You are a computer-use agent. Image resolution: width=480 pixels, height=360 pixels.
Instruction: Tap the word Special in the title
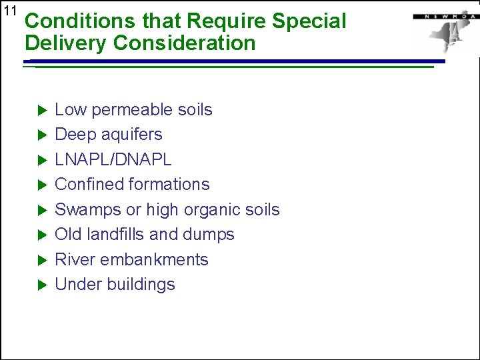coord(309,21)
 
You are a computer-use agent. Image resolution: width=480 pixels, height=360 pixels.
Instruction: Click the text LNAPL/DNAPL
coord(113,159)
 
